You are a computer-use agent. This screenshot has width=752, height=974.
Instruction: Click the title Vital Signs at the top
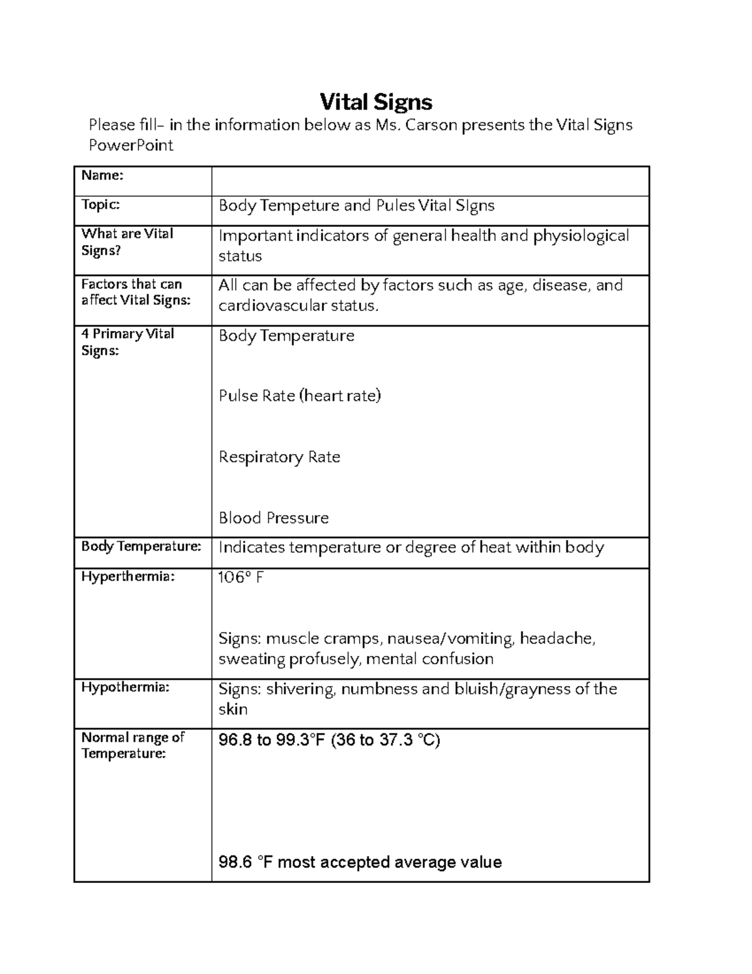pos(376,102)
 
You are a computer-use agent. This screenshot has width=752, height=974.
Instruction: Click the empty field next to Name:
pos(430,181)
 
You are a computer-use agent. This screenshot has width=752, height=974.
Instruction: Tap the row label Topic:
pos(100,204)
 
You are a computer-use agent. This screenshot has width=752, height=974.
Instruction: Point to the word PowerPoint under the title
pos(131,146)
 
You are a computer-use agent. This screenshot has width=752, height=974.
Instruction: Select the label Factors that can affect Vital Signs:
pos(135,292)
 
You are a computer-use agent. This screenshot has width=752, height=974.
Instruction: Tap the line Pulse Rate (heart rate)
pos(300,396)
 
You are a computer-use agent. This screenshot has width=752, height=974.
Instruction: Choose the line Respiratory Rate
pos(279,457)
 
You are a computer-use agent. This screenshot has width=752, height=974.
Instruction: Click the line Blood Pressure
pos(274,518)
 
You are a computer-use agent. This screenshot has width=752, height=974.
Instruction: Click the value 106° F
pos(241,577)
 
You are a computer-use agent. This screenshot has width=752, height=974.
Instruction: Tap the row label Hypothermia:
pos(125,687)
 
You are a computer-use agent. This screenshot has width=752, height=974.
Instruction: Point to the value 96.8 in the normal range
pos(236,740)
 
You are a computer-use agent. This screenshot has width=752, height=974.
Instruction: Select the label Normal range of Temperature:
pos(132,745)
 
